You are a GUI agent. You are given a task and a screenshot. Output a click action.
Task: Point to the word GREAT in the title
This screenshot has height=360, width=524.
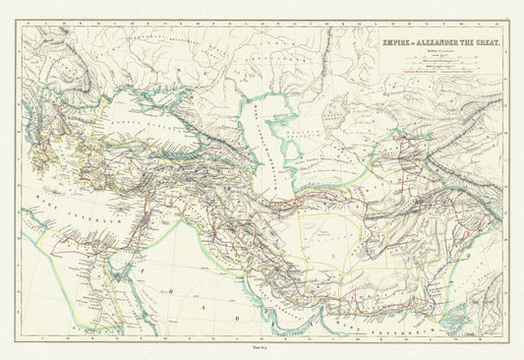(x=485, y=42)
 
